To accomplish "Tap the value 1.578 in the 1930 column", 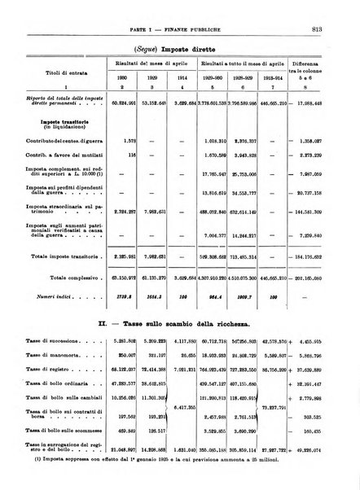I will [119, 140].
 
